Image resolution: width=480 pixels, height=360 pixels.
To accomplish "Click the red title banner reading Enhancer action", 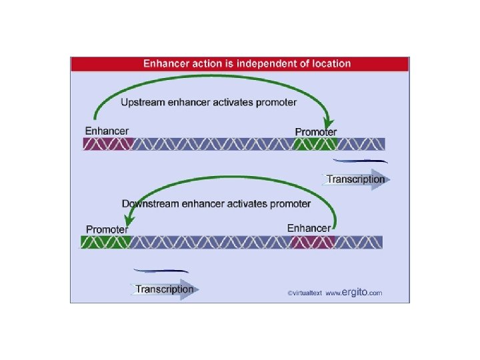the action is [x=240, y=64].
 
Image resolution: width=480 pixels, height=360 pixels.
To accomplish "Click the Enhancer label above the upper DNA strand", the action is [x=107, y=131].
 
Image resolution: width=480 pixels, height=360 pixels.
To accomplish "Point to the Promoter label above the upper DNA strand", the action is [x=316, y=132].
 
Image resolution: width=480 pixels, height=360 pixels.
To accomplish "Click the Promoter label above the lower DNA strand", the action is [x=107, y=229].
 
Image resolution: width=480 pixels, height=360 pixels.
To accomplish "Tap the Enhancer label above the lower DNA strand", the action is [x=309, y=228].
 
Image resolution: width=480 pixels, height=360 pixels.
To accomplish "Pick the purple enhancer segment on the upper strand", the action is [x=108, y=144].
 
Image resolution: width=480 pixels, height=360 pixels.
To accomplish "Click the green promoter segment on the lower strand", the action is [x=105, y=242].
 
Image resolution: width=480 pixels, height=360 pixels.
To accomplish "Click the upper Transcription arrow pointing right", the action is [x=357, y=179].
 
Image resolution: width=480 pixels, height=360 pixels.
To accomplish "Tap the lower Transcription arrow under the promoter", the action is [x=165, y=289].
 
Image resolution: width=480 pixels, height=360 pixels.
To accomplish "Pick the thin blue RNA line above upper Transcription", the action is [x=360, y=161].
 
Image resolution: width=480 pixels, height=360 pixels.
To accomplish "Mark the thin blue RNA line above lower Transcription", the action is [x=161, y=271].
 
